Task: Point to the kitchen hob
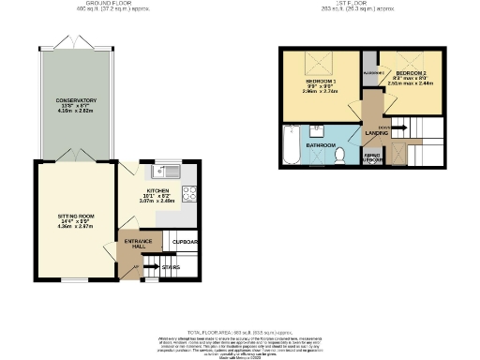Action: tap(189, 195)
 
